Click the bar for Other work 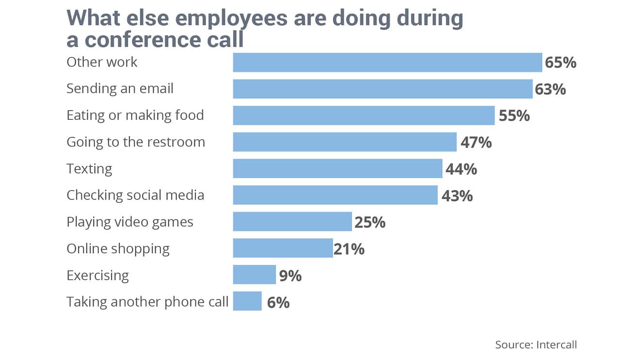coord(387,63)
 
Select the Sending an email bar coord(383,89)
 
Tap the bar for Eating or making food coord(364,116)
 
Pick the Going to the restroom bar coord(345,142)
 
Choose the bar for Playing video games coord(292,222)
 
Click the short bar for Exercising coord(255,275)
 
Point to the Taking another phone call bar coord(247,301)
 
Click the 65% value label coord(560,63)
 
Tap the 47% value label coord(476,143)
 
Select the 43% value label coord(457,196)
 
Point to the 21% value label coord(349,249)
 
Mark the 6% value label coord(278,302)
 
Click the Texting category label coord(89,169)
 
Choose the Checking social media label coord(135,195)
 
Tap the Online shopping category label coord(118,249)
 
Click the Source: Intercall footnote coord(536,344)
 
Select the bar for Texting coord(337,169)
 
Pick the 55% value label coord(514,116)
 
